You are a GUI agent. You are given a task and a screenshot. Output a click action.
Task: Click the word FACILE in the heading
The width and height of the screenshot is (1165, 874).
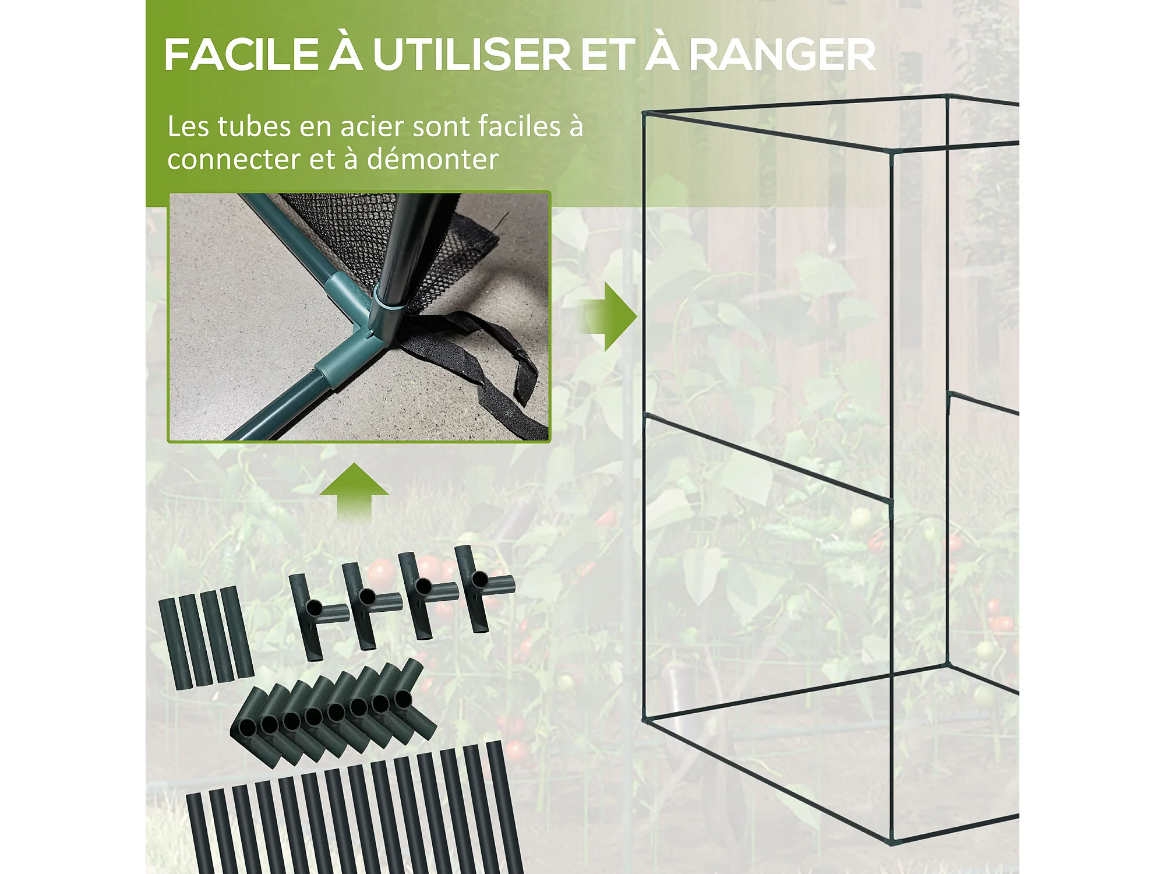point(241,55)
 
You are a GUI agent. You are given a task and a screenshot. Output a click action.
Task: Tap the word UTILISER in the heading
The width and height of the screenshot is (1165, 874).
point(472,55)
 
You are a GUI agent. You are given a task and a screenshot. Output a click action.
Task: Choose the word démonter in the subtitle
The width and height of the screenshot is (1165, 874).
point(432,159)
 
